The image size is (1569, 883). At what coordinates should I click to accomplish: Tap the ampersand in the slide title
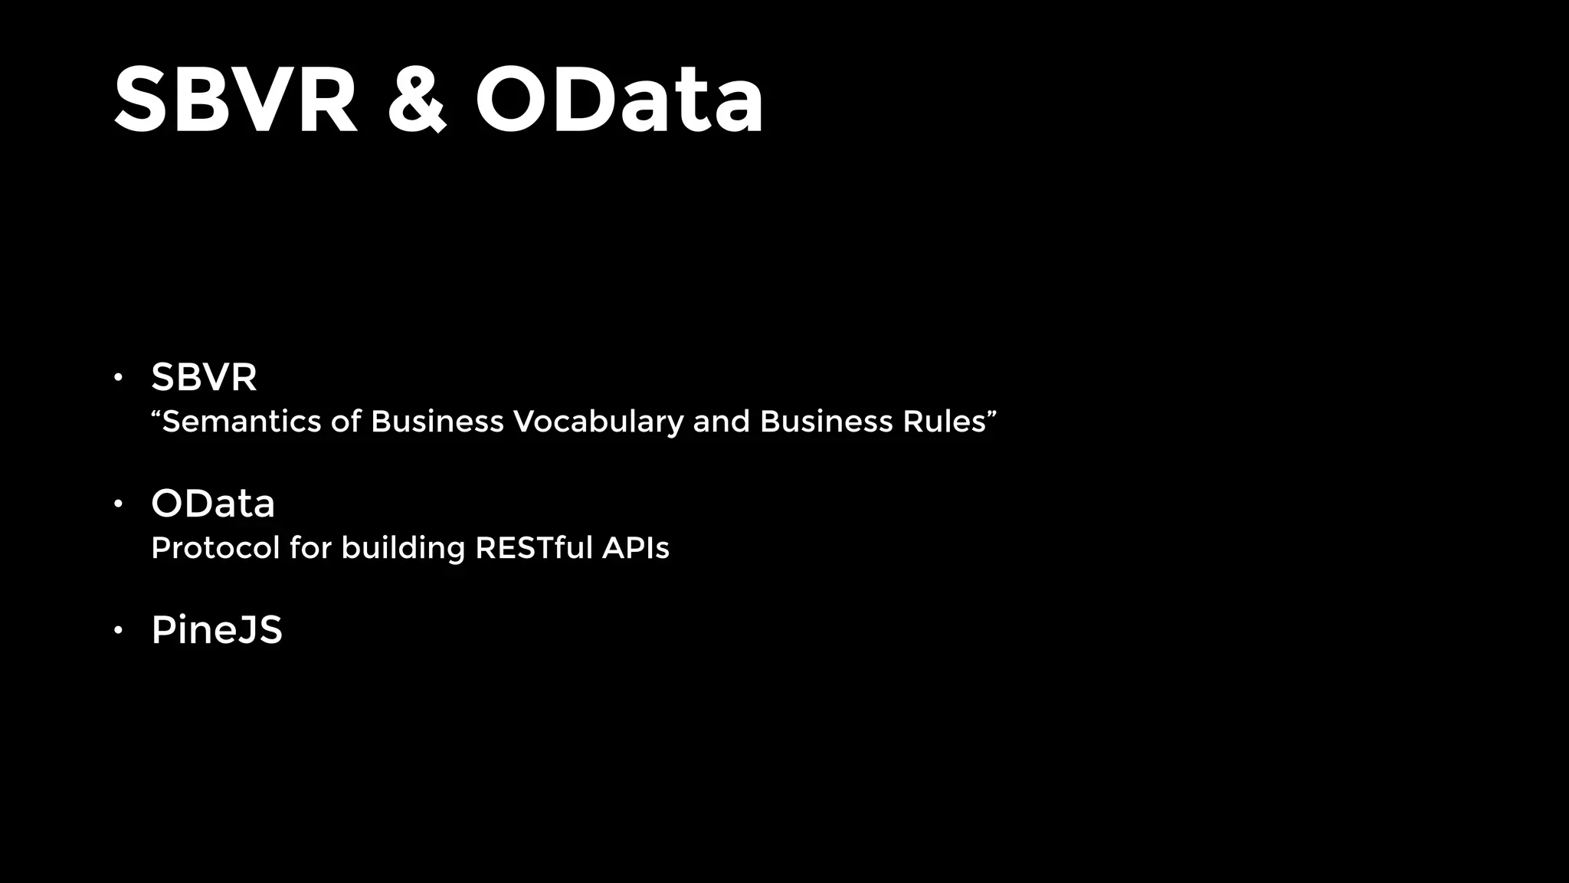pyautogui.click(x=416, y=100)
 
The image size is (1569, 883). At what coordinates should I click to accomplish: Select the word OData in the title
pyautogui.click(x=619, y=100)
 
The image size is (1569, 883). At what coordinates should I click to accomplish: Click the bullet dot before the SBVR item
pyautogui.click(x=118, y=377)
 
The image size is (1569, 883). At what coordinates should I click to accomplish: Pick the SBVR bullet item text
pyautogui.click(x=204, y=377)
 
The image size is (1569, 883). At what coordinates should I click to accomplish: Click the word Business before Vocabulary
pyautogui.click(x=437, y=422)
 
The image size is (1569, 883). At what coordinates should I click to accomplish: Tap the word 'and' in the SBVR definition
pyautogui.click(x=721, y=422)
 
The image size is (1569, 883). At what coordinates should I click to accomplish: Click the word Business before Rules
pyautogui.click(x=826, y=422)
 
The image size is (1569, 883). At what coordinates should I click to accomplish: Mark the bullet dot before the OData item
pyautogui.click(x=118, y=504)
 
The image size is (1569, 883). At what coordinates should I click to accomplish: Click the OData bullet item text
pyautogui.click(x=213, y=504)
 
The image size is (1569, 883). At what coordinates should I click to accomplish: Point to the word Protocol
pyautogui.click(x=215, y=548)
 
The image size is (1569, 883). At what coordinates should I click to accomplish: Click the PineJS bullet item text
pyautogui.click(x=217, y=630)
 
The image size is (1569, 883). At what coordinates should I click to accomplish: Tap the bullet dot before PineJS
pyautogui.click(x=118, y=631)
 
